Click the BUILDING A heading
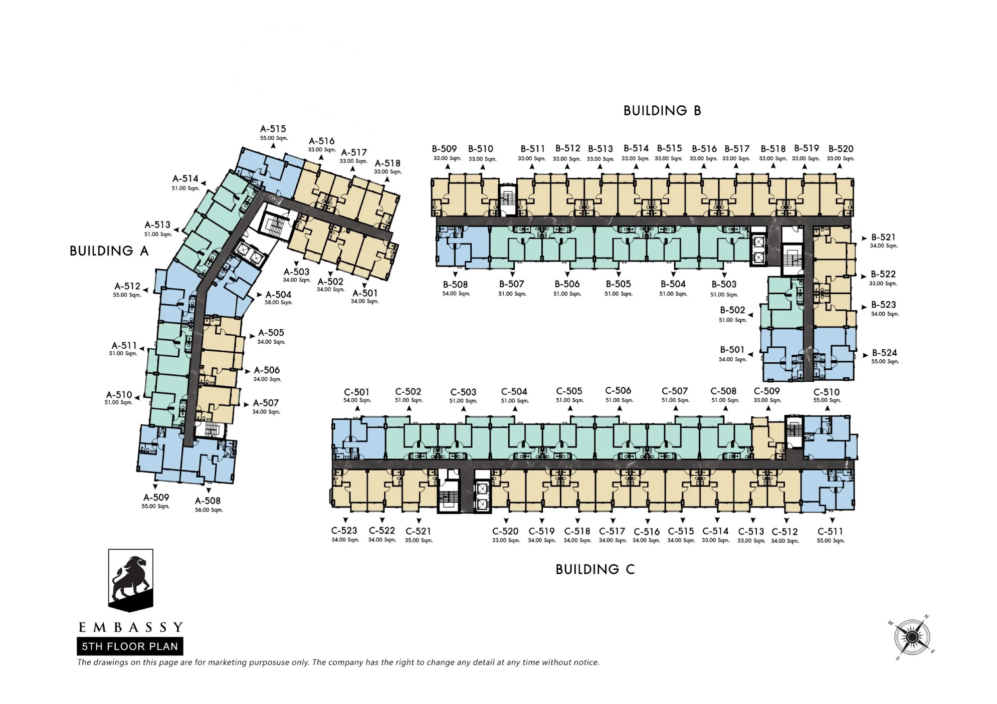tap(109, 251)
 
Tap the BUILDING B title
tap(662, 111)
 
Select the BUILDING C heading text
tap(595, 569)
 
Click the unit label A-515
tap(273, 129)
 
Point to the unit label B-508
tap(455, 284)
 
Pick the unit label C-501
tap(356, 392)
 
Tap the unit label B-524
tap(885, 353)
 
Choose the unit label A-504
tap(278, 295)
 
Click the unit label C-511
tap(830, 531)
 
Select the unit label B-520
tap(841, 149)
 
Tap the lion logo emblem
tap(131, 580)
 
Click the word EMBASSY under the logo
tap(131, 627)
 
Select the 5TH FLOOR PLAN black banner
tap(130, 646)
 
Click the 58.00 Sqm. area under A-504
tap(279, 303)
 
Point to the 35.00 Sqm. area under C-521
tap(419, 541)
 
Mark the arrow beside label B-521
tap(864, 239)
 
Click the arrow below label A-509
tap(155, 487)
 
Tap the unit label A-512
tap(127, 286)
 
